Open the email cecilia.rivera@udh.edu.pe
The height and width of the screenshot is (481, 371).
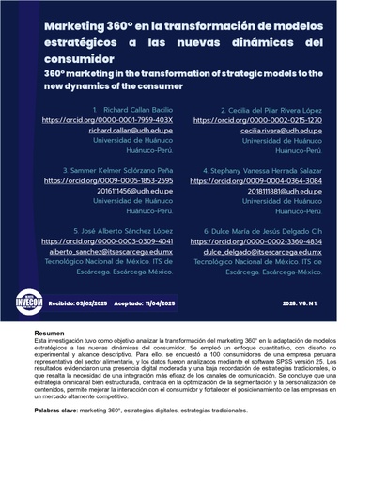coord(281,131)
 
